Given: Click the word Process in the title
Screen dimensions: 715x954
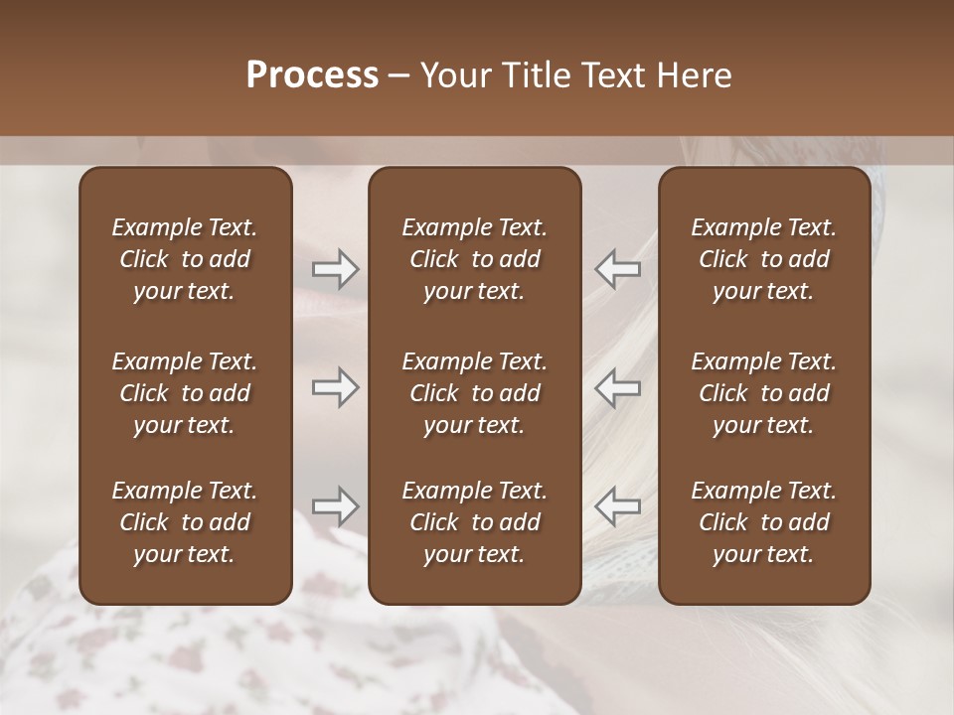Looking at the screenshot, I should click(312, 75).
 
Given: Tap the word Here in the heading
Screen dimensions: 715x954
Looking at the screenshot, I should click(695, 75).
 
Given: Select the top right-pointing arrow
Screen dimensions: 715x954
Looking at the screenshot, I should click(336, 269).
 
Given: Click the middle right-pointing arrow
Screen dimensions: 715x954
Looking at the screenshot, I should click(336, 387).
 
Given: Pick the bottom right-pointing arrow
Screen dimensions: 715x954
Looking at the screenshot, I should click(336, 506).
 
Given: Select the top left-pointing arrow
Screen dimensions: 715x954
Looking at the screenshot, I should click(617, 269).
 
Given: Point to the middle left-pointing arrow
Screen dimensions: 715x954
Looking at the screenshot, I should click(617, 387).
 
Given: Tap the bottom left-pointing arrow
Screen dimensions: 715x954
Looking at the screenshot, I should click(617, 506).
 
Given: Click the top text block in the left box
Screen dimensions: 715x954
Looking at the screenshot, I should click(185, 259).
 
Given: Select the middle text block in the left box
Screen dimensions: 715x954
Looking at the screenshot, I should click(185, 393).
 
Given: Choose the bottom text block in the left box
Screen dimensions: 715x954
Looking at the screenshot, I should click(185, 522).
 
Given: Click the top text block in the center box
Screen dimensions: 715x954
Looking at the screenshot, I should click(475, 259).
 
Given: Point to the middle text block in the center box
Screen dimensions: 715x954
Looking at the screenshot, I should click(475, 393).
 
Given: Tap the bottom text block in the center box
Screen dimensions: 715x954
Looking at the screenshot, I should click(475, 522).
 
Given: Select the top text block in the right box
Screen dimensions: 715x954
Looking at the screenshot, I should click(764, 259).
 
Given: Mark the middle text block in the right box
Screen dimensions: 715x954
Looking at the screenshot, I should click(764, 393).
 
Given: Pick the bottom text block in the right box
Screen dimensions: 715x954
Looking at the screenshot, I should click(764, 522).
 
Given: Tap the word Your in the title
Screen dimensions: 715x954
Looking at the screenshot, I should click(454, 75).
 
